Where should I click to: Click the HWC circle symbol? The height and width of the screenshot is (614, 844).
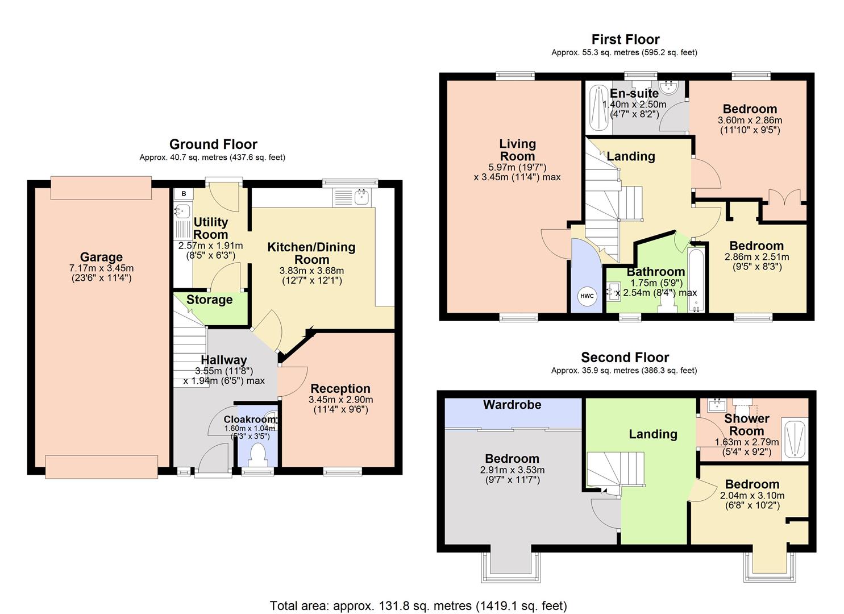[587, 296]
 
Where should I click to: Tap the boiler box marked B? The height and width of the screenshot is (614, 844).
[184, 194]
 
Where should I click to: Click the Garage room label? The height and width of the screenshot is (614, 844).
[101, 257]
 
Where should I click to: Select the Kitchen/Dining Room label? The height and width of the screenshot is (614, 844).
[311, 253]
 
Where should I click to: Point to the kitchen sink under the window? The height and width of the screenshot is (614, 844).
[361, 197]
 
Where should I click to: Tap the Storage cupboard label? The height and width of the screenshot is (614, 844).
[209, 300]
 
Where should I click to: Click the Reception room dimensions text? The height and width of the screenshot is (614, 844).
[340, 404]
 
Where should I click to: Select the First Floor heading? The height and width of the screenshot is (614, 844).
[625, 39]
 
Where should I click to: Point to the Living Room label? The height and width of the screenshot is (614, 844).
[517, 150]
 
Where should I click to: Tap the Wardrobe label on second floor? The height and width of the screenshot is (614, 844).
[512, 405]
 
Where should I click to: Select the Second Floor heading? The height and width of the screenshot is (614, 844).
[625, 357]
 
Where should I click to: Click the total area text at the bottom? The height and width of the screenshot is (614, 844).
[418, 605]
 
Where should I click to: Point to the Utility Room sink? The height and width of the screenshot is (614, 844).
[181, 211]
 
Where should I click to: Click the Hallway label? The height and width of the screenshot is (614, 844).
[224, 360]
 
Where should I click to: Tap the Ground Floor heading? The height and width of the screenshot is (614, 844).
[213, 144]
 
